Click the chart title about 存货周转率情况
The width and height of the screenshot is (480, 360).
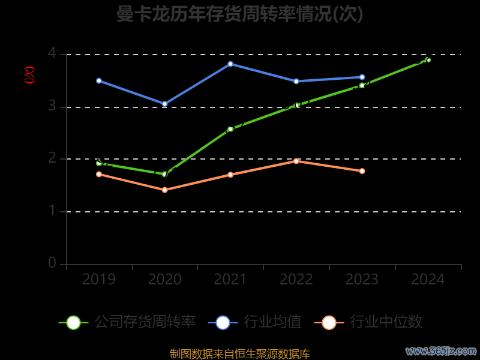click(x=240, y=14)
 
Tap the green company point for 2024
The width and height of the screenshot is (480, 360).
click(x=428, y=60)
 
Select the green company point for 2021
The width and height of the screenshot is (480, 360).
click(x=230, y=129)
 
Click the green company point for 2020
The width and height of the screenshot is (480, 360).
click(x=164, y=174)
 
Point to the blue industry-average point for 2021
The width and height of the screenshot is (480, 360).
click(x=230, y=64)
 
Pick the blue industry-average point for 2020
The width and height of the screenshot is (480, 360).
click(x=164, y=104)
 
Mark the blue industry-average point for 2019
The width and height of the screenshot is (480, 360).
click(x=99, y=80)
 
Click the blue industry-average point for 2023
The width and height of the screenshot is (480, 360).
click(x=362, y=77)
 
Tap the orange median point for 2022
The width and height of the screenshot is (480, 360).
click(x=296, y=161)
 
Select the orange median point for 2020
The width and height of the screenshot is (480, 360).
click(x=164, y=190)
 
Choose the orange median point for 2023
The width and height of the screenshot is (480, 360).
click(x=362, y=171)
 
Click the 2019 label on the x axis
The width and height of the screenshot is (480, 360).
click(x=99, y=280)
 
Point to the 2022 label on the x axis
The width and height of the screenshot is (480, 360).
click(x=296, y=280)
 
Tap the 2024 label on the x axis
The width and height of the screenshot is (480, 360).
click(x=428, y=280)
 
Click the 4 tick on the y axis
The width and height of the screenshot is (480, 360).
click(x=52, y=53)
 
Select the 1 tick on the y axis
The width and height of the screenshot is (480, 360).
click(x=52, y=211)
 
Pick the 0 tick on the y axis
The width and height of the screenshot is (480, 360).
click(x=52, y=263)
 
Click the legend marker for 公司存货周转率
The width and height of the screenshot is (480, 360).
click(x=73, y=322)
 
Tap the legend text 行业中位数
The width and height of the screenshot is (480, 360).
click(x=386, y=322)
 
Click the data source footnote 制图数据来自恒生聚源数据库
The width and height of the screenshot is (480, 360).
click(x=240, y=354)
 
